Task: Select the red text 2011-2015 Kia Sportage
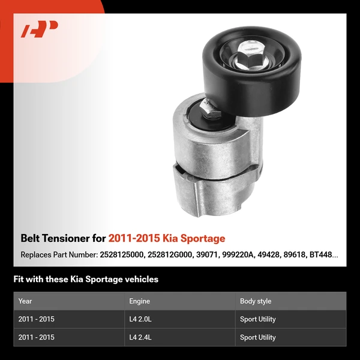click(167, 238)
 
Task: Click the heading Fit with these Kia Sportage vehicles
click(86, 279)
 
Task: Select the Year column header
click(25, 301)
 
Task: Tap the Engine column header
click(139, 301)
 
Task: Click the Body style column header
click(256, 301)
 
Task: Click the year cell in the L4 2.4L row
click(37, 337)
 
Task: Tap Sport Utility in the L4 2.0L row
click(258, 319)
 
